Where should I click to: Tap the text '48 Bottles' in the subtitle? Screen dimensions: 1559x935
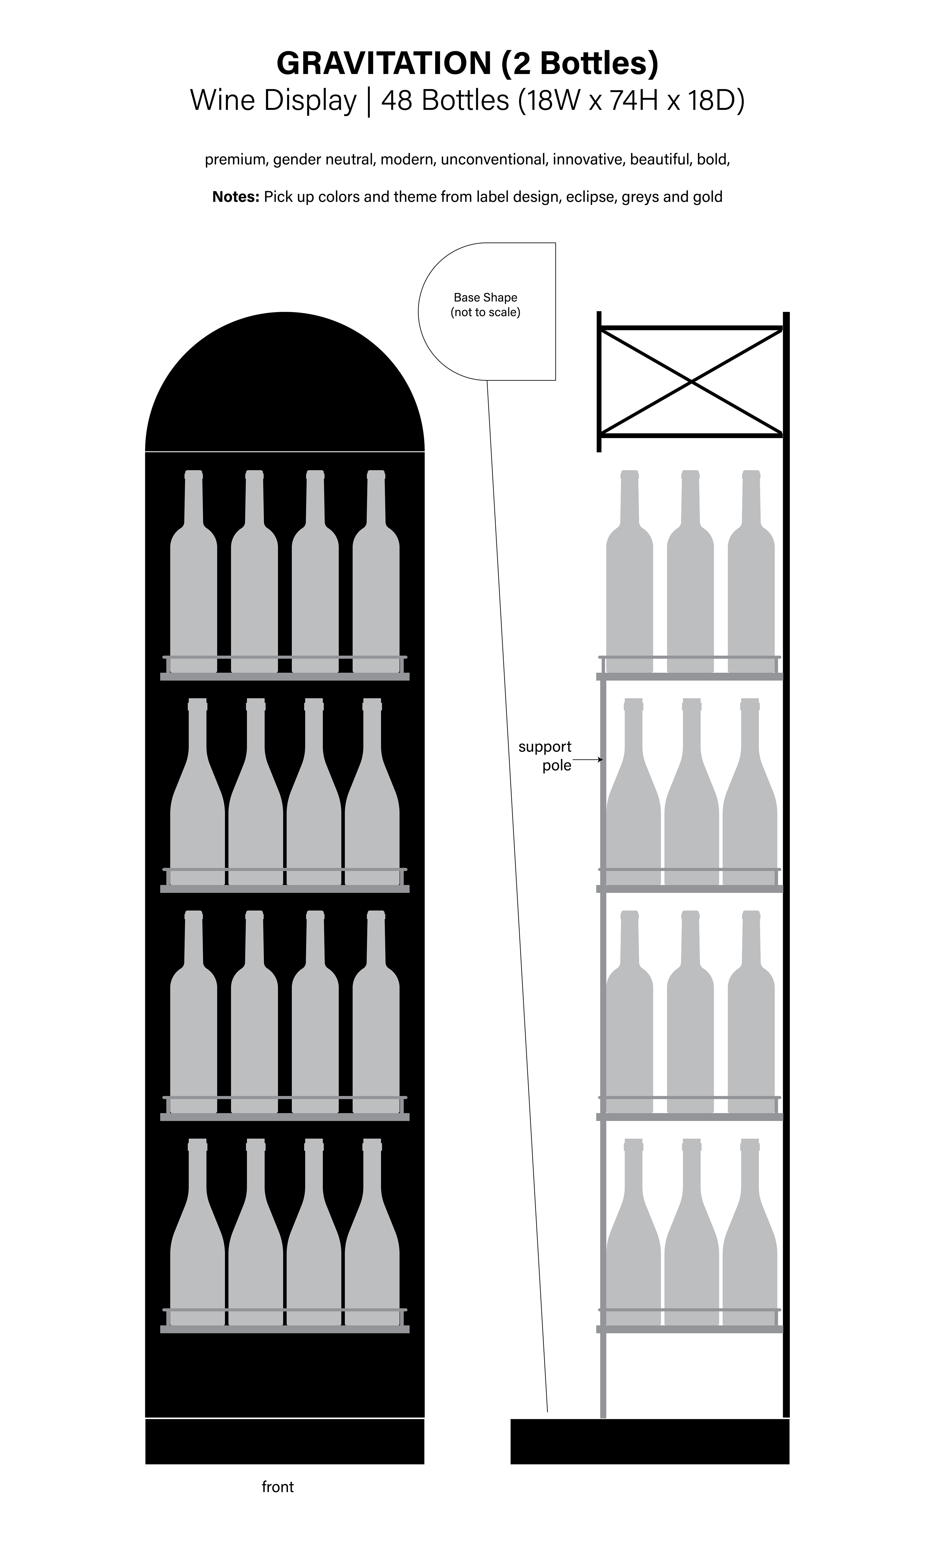point(445,100)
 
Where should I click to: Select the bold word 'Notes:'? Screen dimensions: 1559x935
point(236,197)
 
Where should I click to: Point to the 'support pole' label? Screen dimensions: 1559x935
point(545,756)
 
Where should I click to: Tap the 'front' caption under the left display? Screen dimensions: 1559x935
point(278,1486)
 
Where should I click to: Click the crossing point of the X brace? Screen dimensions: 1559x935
point(691,381)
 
